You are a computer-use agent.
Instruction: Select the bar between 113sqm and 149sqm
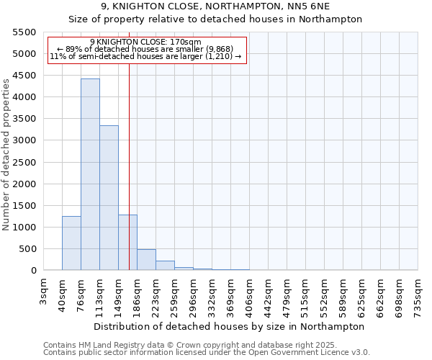click(x=109, y=198)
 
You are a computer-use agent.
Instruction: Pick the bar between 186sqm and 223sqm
click(x=146, y=260)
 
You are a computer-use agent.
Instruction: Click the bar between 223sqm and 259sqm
click(x=165, y=266)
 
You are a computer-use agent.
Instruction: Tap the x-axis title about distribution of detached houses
click(x=230, y=326)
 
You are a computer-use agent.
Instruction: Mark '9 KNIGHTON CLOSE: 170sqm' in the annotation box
click(x=146, y=42)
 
